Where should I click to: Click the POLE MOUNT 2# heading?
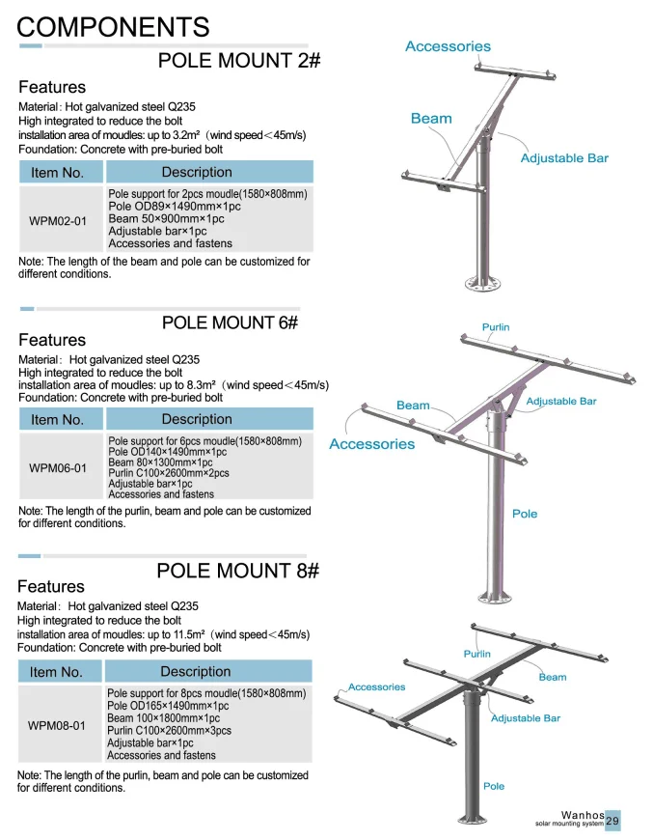coord(239,61)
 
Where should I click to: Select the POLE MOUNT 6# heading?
coord(231,322)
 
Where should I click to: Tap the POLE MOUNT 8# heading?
coord(237,571)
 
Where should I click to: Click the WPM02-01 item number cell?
coord(58,221)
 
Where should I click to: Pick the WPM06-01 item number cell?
coord(58,468)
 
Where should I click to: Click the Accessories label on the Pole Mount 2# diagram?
coord(448,46)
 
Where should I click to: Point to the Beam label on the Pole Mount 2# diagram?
coord(431,119)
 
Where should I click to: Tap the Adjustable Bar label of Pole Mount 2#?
coord(564,158)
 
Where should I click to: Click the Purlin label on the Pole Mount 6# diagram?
coord(496,327)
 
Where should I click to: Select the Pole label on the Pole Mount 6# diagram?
coord(525,514)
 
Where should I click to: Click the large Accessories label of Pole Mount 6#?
coord(371,444)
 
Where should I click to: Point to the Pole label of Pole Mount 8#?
coord(494,786)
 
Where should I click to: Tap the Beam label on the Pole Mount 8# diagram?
coord(553,677)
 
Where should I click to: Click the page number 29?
coord(612,820)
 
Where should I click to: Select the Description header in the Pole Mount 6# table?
coord(197,419)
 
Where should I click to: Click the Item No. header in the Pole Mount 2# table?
coord(58,173)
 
